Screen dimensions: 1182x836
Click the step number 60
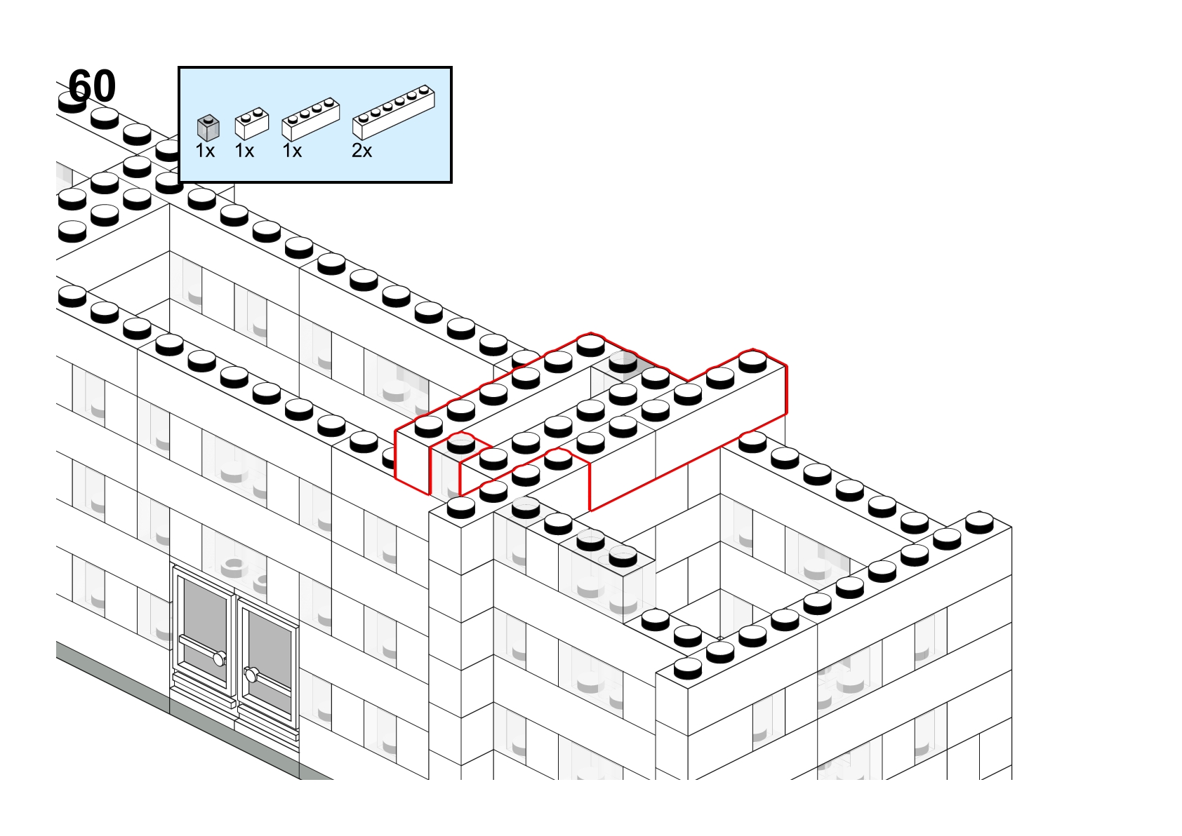(92, 86)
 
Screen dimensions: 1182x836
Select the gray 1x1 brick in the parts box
(208, 127)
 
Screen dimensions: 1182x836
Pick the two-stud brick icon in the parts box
(252, 123)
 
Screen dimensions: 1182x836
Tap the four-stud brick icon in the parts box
(311, 119)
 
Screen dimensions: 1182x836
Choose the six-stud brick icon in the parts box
(393, 112)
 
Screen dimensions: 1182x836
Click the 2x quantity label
(361, 151)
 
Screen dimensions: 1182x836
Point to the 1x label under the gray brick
(205, 151)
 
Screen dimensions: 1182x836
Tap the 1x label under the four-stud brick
(292, 151)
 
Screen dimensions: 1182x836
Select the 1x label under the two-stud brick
(244, 151)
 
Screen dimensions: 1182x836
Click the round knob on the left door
(220, 659)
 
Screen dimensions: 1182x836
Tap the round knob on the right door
(251, 675)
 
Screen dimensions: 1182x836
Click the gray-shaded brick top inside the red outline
(623, 367)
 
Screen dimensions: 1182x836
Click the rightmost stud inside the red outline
(752, 360)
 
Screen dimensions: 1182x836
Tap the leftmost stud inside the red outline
(428, 426)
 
